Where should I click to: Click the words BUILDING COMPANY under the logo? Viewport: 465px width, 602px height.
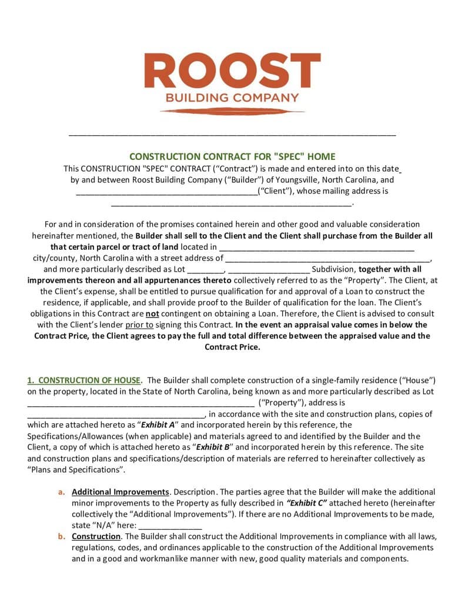pos(232,98)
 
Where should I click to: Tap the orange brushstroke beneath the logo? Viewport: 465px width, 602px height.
pos(232,111)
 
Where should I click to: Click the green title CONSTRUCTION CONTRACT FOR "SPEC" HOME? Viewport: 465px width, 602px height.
pos(232,156)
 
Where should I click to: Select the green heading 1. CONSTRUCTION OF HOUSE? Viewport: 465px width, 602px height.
pos(84,380)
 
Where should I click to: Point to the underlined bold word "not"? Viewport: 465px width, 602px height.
pos(152,314)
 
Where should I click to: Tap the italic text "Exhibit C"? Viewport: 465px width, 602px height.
pos(306,503)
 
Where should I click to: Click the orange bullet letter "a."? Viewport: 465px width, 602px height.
pos(61,491)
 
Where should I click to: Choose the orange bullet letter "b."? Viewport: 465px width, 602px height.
pos(61,536)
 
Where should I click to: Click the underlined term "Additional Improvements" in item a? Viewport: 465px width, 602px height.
pos(121,491)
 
